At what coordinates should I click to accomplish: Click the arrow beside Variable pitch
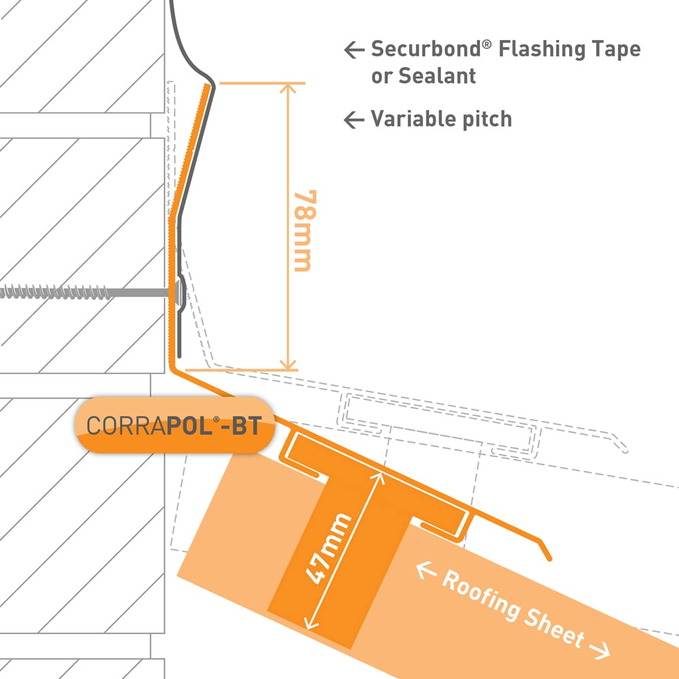tap(354, 120)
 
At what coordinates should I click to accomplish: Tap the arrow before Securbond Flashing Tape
tap(354, 50)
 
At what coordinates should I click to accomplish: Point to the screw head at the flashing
tap(178, 291)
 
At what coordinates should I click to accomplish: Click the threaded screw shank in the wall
tap(81, 293)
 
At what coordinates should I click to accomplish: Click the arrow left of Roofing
tap(426, 572)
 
